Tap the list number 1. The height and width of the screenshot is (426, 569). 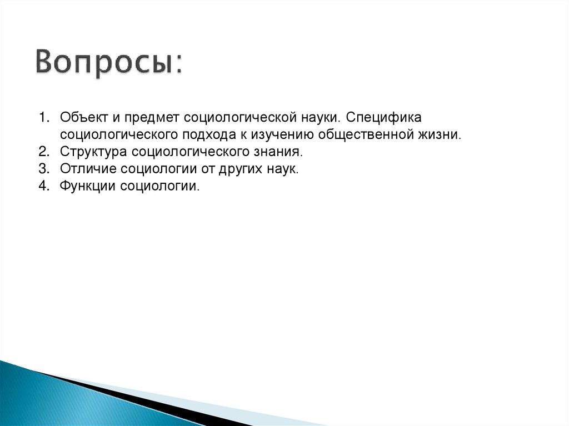[x=43, y=118]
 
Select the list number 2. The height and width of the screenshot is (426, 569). [x=43, y=152]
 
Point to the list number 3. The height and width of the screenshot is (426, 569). [x=43, y=169]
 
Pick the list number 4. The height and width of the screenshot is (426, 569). [x=43, y=186]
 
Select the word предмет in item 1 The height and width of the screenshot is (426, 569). [x=152, y=118]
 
